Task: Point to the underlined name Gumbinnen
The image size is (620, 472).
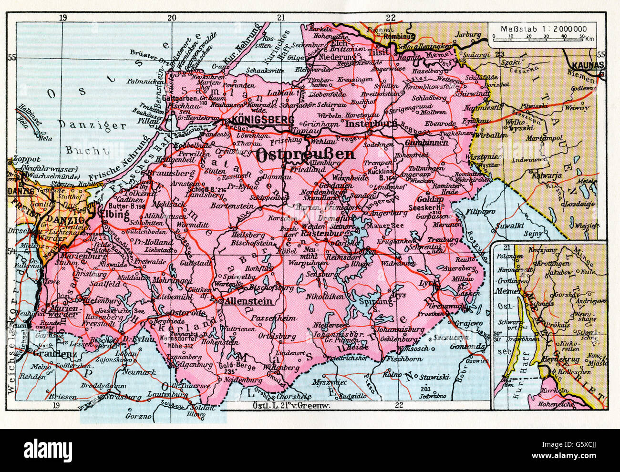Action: [427, 142]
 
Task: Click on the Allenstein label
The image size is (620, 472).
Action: [250, 301]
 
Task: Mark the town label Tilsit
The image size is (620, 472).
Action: [380, 51]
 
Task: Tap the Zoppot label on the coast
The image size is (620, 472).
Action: [27, 160]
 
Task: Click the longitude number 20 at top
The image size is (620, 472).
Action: [172, 18]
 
